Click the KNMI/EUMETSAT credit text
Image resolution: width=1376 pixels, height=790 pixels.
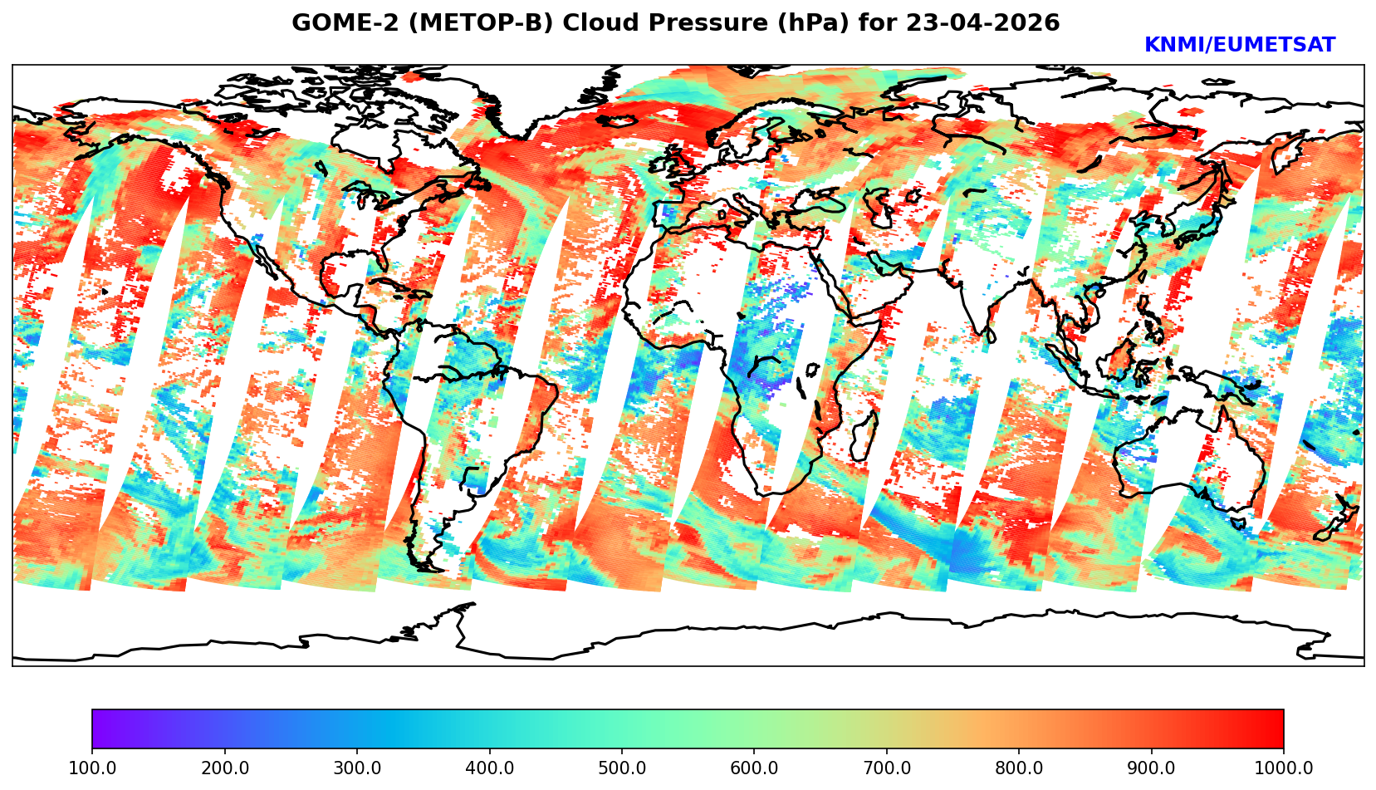click(1239, 46)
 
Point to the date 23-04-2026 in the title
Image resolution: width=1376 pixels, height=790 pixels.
click(983, 23)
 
